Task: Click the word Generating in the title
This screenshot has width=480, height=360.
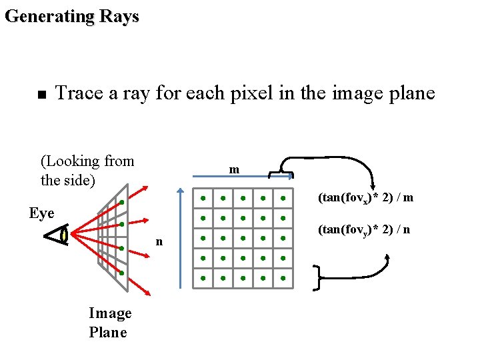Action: [49, 16]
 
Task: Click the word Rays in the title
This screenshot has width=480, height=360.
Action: [119, 16]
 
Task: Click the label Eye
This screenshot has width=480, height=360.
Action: [42, 213]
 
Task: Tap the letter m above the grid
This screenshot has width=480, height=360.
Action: [234, 169]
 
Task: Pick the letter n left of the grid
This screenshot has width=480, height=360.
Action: [159, 241]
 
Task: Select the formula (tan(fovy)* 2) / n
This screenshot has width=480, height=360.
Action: [364, 229]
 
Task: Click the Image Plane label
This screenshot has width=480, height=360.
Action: [110, 323]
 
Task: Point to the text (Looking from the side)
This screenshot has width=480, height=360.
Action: [87, 171]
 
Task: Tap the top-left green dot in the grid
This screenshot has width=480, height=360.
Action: [203, 198]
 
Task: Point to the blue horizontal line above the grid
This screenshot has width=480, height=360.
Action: [230, 177]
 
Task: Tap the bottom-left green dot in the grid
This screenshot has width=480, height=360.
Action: [203, 278]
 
